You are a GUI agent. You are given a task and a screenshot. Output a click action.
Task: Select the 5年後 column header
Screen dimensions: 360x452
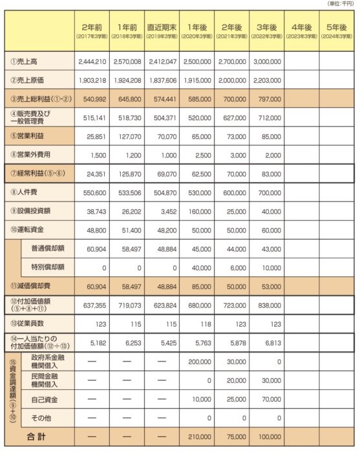[337, 29]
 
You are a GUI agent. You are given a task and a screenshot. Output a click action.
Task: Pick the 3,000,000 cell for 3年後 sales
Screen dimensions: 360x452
[266, 62]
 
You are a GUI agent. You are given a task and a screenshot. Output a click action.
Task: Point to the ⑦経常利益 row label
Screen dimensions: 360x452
[36, 174]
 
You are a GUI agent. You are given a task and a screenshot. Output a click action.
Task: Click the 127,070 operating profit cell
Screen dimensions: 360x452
[127, 136]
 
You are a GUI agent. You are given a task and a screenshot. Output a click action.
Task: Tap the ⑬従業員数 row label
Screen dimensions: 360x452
[28, 323]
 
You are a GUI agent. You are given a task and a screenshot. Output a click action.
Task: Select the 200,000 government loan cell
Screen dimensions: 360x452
[198, 362]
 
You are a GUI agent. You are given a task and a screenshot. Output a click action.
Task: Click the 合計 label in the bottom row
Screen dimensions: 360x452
[39, 437]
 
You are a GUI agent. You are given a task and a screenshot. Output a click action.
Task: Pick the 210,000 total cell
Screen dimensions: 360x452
[198, 437]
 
